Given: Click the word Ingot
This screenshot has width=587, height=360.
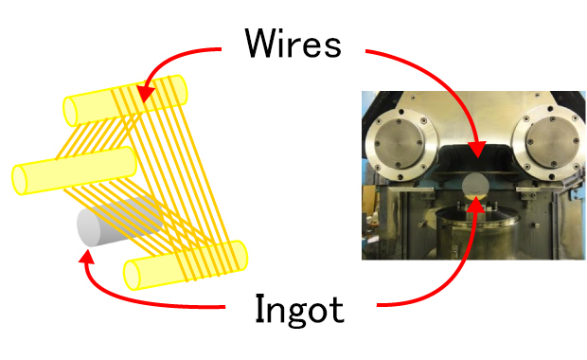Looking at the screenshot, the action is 299,310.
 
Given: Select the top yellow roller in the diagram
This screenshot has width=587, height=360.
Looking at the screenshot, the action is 125,100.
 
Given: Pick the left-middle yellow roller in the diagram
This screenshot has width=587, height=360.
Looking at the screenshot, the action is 74,171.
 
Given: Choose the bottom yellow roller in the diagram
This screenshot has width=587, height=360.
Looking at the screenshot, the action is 186,265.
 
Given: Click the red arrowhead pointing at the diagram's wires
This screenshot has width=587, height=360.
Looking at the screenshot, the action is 145,94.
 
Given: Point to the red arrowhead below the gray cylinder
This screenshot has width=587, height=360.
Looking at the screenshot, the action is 86,257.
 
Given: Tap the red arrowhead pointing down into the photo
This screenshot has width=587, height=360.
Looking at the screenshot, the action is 477,149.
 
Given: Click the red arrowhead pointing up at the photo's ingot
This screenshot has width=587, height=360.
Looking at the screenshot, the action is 476,203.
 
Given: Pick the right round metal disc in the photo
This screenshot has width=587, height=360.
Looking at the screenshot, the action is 549,142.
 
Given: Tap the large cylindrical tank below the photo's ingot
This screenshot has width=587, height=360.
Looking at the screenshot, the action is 476,232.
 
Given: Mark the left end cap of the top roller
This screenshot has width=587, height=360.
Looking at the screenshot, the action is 70,111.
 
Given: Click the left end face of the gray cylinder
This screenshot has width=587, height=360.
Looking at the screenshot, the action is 89,228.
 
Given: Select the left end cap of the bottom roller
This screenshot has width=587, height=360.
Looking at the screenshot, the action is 132,275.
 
